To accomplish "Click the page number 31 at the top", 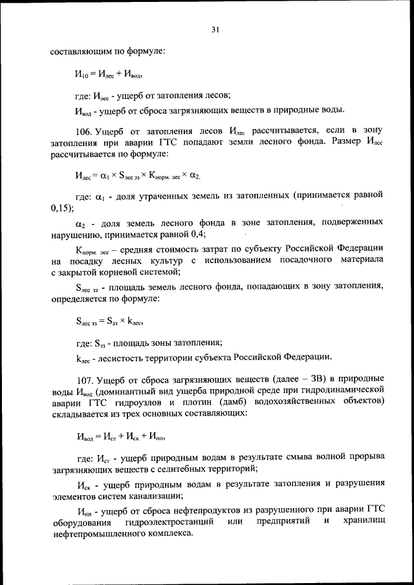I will pyautogui.click(x=215, y=29).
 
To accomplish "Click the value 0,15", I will pyautogui.click(x=61, y=207).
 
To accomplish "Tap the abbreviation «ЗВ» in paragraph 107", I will pyautogui.click(x=304, y=378).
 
